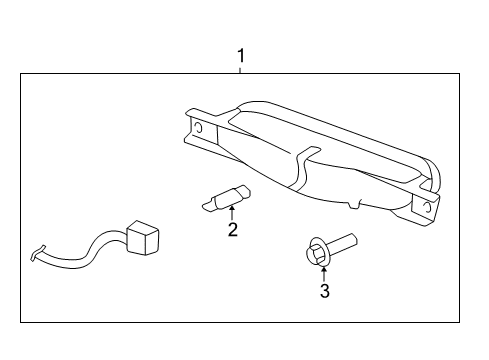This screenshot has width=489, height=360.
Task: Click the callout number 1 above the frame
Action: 240,56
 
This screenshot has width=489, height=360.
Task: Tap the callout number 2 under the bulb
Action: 232,229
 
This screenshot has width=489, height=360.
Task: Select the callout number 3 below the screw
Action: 324,291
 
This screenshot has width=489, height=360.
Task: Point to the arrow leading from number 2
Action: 231,211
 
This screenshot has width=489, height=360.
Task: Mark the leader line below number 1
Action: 240,69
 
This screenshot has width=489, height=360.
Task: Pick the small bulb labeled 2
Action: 227,198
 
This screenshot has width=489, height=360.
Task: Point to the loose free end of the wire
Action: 37,255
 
